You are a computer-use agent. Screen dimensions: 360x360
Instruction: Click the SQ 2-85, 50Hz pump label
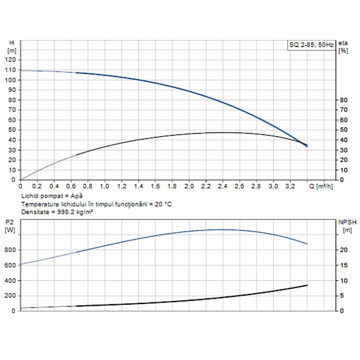click(310, 45)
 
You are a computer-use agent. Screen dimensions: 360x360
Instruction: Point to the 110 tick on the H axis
click(11, 70)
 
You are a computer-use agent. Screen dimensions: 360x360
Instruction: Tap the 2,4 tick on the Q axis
click(222, 185)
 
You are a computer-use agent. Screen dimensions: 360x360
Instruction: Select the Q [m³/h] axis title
click(321, 185)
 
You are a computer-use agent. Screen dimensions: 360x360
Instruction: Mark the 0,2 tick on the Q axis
click(37, 185)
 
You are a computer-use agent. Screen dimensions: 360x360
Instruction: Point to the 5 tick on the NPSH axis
click(342, 296)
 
